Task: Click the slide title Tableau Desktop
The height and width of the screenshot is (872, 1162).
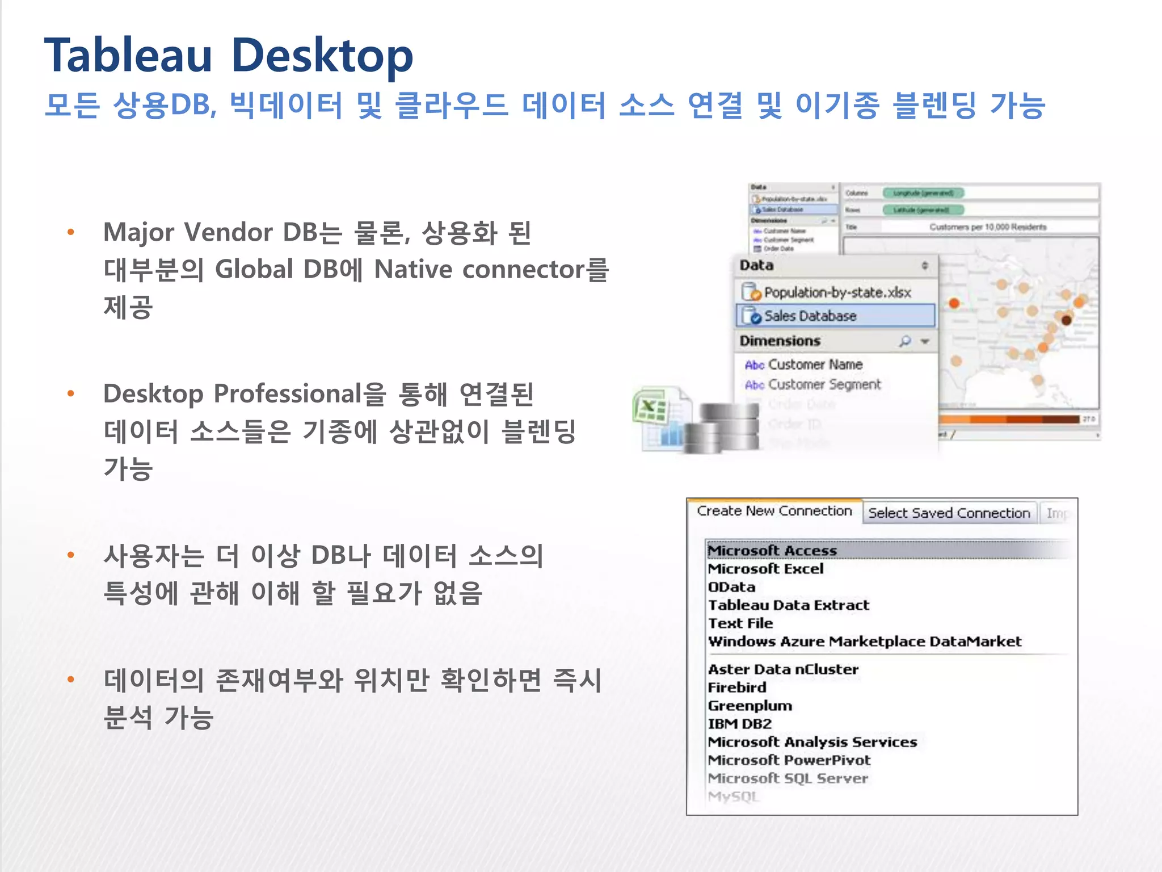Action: click(x=229, y=56)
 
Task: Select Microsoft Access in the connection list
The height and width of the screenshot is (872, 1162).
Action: click(x=772, y=550)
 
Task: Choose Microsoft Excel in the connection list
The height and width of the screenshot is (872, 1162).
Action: click(x=765, y=568)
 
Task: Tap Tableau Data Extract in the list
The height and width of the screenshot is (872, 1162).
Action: click(x=789, y=605)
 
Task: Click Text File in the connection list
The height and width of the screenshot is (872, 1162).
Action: click(x=740, y=623)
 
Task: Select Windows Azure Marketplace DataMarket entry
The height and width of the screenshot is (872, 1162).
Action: click(x=865, y=641)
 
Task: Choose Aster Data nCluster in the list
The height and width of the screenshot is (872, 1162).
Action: click(x=783, y=669)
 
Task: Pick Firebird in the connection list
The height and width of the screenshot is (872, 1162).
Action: click(x=737, y=687)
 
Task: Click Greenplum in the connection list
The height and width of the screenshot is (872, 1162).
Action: click(x=750, y=705)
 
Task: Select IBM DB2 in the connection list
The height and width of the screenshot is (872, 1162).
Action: click(x=740, y=723)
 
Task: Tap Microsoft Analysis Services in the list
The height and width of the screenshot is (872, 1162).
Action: click(x=812, y=741)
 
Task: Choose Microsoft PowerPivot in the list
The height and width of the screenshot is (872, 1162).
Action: click(x=789, y=760)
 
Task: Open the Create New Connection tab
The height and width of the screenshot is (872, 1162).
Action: click(x=774, y=511)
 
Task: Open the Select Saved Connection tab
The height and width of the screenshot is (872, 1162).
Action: click(x=949, y=513)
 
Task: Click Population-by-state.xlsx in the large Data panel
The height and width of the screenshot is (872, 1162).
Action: click(x=837, y=292)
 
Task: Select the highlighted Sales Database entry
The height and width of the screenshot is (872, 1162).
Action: click(x=810, y=316)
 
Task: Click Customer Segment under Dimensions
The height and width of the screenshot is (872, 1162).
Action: click(x=824, y=384)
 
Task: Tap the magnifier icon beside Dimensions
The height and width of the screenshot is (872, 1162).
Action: click(x=905, y=341)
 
